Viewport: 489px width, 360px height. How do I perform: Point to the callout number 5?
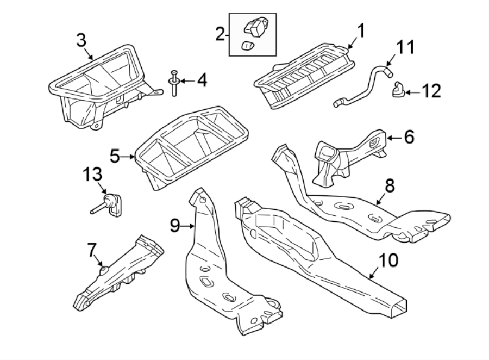pyautogui.click(x=115, y=157)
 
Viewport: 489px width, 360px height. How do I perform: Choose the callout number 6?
pyautogui.click(x=409, y=136)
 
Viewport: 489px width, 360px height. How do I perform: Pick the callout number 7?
pyautogui.click(x=91, y=250)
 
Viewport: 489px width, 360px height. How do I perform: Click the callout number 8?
pyautogui.click(x=390, y=186)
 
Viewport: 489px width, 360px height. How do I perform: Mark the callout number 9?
pyautogui.click(x=174, y=225)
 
